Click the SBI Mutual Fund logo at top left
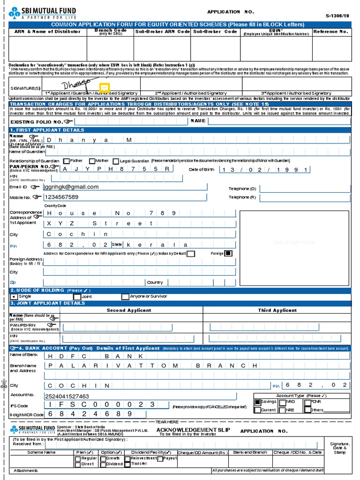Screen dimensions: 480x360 pos(42,13)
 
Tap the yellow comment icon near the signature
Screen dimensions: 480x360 pos(104,88)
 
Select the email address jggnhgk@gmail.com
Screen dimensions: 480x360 pos(71,187)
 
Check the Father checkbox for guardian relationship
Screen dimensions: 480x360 pos(66,161)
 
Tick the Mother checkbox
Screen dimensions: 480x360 pos(92,161)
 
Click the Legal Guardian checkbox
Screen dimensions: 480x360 pos(116,161)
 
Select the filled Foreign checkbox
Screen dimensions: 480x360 pos(228,254)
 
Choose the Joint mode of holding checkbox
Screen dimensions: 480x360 pos(77,297)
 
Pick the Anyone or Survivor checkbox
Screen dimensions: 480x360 pos(125,297)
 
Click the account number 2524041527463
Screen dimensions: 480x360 pos(67,396)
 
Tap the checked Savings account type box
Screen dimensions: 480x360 pos(257,402)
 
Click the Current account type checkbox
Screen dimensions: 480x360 pos(257,410)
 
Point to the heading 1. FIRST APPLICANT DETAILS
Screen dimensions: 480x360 pos(47,130)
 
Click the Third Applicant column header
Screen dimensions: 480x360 pos(277,310)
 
